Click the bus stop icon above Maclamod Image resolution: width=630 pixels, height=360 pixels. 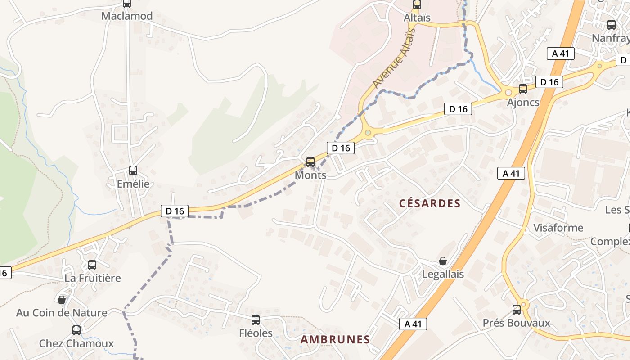[x=127, y=4]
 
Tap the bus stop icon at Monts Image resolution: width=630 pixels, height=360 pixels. [x=310, y=162]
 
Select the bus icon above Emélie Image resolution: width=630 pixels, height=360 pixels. [x=133, y=171]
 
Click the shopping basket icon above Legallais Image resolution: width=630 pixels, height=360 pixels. [x=443, y=261]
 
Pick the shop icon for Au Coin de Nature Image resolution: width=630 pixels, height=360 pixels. [x=62, y=300]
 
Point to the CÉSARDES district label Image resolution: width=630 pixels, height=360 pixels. [x=430, y=203]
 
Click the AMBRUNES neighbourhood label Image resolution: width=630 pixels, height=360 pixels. [x=335, y=340]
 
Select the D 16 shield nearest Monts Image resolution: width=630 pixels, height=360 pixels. [x=341, y=148]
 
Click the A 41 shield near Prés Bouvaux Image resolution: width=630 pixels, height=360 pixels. [x=413, y=324]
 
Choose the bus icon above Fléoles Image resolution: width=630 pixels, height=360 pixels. [x=256, y=320]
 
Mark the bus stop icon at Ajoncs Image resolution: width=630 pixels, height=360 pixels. [x=523, y=89]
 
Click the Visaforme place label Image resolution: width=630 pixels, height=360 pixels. [x=558, y=228]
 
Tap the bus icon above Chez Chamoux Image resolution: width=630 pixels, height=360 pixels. [x=76, y=330]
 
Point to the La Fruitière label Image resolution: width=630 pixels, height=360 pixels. [x=93, y=278]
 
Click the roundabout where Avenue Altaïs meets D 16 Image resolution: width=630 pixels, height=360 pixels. [x=368, y=132]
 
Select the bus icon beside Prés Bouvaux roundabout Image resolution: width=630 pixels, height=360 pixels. [x=517, y=310]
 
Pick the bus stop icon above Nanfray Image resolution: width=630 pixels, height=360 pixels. [x=612, y=25]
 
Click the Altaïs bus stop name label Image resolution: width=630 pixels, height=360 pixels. [x=417, y=18]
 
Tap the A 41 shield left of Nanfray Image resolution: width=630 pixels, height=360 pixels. [x=560, y=54]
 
